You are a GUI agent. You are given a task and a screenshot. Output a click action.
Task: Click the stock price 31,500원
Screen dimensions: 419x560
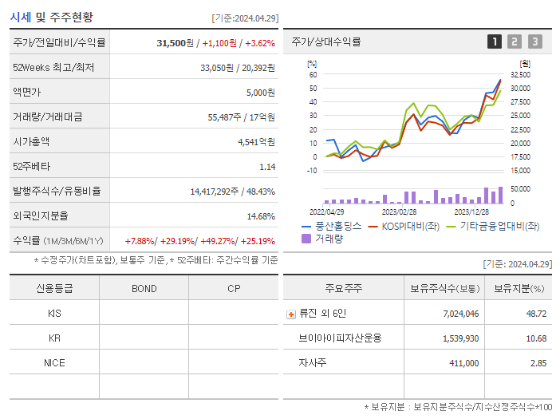(x=176, y=42)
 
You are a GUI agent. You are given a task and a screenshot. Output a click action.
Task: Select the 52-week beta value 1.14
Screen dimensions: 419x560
(x=267, y=167)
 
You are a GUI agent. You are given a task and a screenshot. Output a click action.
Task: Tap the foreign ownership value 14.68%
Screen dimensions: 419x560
(x=261, y=216)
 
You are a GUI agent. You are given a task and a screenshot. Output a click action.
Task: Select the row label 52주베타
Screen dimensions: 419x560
(x=31, y=167)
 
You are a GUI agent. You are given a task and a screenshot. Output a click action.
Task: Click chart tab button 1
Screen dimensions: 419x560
(x=495, y=42)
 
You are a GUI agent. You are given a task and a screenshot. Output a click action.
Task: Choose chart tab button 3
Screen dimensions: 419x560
(x=534, y=42)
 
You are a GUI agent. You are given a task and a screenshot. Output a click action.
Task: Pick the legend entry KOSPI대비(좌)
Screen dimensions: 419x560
(x=410, y=226)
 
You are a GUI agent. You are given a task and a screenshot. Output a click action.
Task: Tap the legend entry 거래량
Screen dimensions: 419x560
(x=329, y=238)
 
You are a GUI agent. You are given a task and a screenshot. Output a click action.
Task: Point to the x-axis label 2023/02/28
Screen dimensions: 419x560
(x=399, y=212)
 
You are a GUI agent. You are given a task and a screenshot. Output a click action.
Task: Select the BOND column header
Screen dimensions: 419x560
(x=144, y=288)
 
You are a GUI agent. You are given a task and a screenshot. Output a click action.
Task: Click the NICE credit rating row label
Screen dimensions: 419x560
(x=54, y=362)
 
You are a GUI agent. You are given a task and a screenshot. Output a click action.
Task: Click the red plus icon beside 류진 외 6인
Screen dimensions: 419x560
(x=290, y=314)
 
